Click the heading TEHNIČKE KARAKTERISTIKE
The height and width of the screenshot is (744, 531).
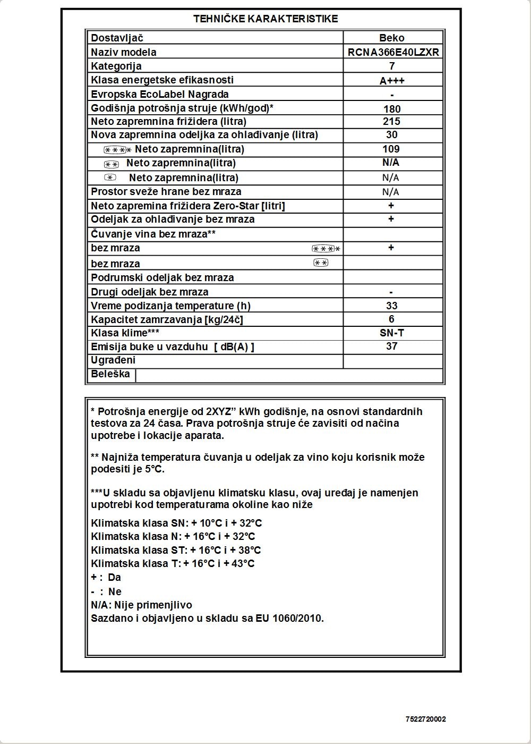pyautogui.click(x=265, y=19)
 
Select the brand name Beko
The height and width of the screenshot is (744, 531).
pyautogui.click(x=392, y=38)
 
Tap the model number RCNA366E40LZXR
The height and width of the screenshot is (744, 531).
pyautogui.click(x=393, y=52)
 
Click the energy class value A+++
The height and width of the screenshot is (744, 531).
pyautogui.click(x=392, y=81)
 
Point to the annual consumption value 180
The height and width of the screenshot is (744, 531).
pyautogui.click(x=392, y=109)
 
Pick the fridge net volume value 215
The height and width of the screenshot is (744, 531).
pyautogui.click(x=392, y=121)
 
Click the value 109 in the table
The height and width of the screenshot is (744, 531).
pyautogui.click(x=391, y=149)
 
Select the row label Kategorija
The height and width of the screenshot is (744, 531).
pyautogui.click(x=116, y=66)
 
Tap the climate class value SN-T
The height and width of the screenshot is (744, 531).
pyautogui.click(x=392, y=333)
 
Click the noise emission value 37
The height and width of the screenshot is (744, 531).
pyautogui.click(x=392, y=346)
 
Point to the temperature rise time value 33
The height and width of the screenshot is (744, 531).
pyautogui.click(x=392, y=306)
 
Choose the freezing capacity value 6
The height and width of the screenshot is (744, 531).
pyautogui.click(x=392, y=319)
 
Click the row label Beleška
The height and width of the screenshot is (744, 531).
pyautogui.click(x=110, y=374)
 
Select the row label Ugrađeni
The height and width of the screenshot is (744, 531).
pyautogui.click(x=113, y=360)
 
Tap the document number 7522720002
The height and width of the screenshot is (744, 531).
pyautogui.click(x=425, y=720)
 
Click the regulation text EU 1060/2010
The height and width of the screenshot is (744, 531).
pyautogui.click(x=289, y=619)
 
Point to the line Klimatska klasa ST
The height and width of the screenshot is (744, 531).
pyautogui.click(x=176, y=551)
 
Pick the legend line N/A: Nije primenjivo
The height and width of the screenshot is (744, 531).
pyautogui.click(x=142, y=605)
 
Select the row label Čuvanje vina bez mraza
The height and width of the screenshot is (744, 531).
pyautogui.click(x=153, y=234)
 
